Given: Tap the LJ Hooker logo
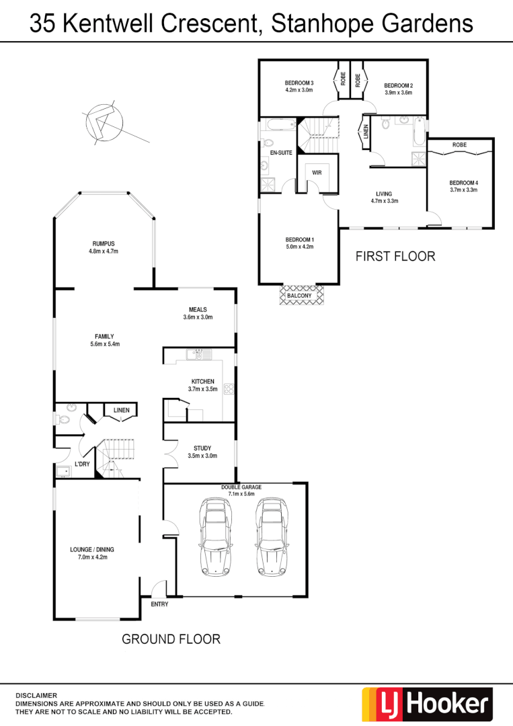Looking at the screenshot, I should click(x=427, y=704).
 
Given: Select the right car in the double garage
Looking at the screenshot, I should click(x=272, y=537).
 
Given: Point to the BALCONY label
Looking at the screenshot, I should click(x=299, y=296).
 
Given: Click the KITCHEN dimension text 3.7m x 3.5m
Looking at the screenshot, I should click(x=202, y=389).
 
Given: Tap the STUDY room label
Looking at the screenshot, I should click(x=202, y=448).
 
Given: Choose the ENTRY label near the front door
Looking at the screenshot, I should click(x=159, y=604).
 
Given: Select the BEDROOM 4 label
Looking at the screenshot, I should click(x=463, y=182).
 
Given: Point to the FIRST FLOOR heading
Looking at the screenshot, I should click(x=395, y=256).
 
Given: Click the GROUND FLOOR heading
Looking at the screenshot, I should click(x=171, y=639).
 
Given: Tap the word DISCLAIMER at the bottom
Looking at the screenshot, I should click(x=37, y=695).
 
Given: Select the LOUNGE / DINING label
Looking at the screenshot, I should click(x=92, y=549).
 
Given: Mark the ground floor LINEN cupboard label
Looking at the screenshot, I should click(x=121, y=410).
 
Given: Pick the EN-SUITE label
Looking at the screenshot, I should click(x=280, y=153).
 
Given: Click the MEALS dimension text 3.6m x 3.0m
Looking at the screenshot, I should click(x=198, y=317).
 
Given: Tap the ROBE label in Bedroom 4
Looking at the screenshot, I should click(x=460, y=145).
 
